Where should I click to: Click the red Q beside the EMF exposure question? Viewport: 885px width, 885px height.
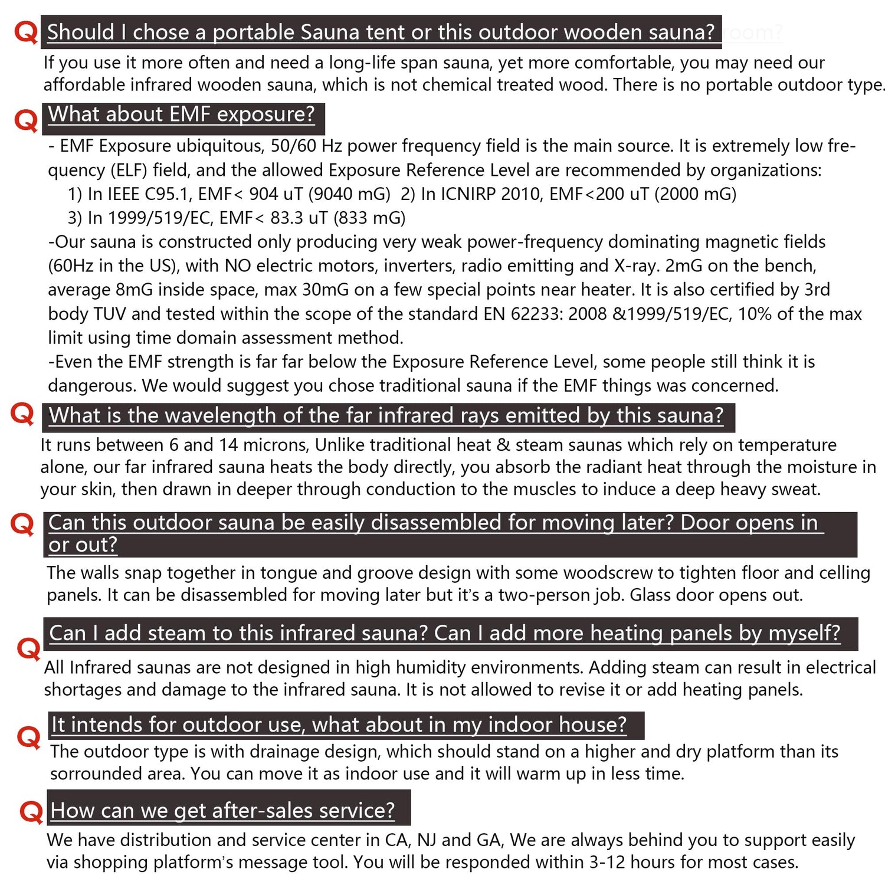25,120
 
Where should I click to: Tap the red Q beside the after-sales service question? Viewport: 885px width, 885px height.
31,812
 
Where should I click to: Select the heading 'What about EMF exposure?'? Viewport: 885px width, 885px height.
182,114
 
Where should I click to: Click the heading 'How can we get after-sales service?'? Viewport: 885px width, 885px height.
222,810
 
